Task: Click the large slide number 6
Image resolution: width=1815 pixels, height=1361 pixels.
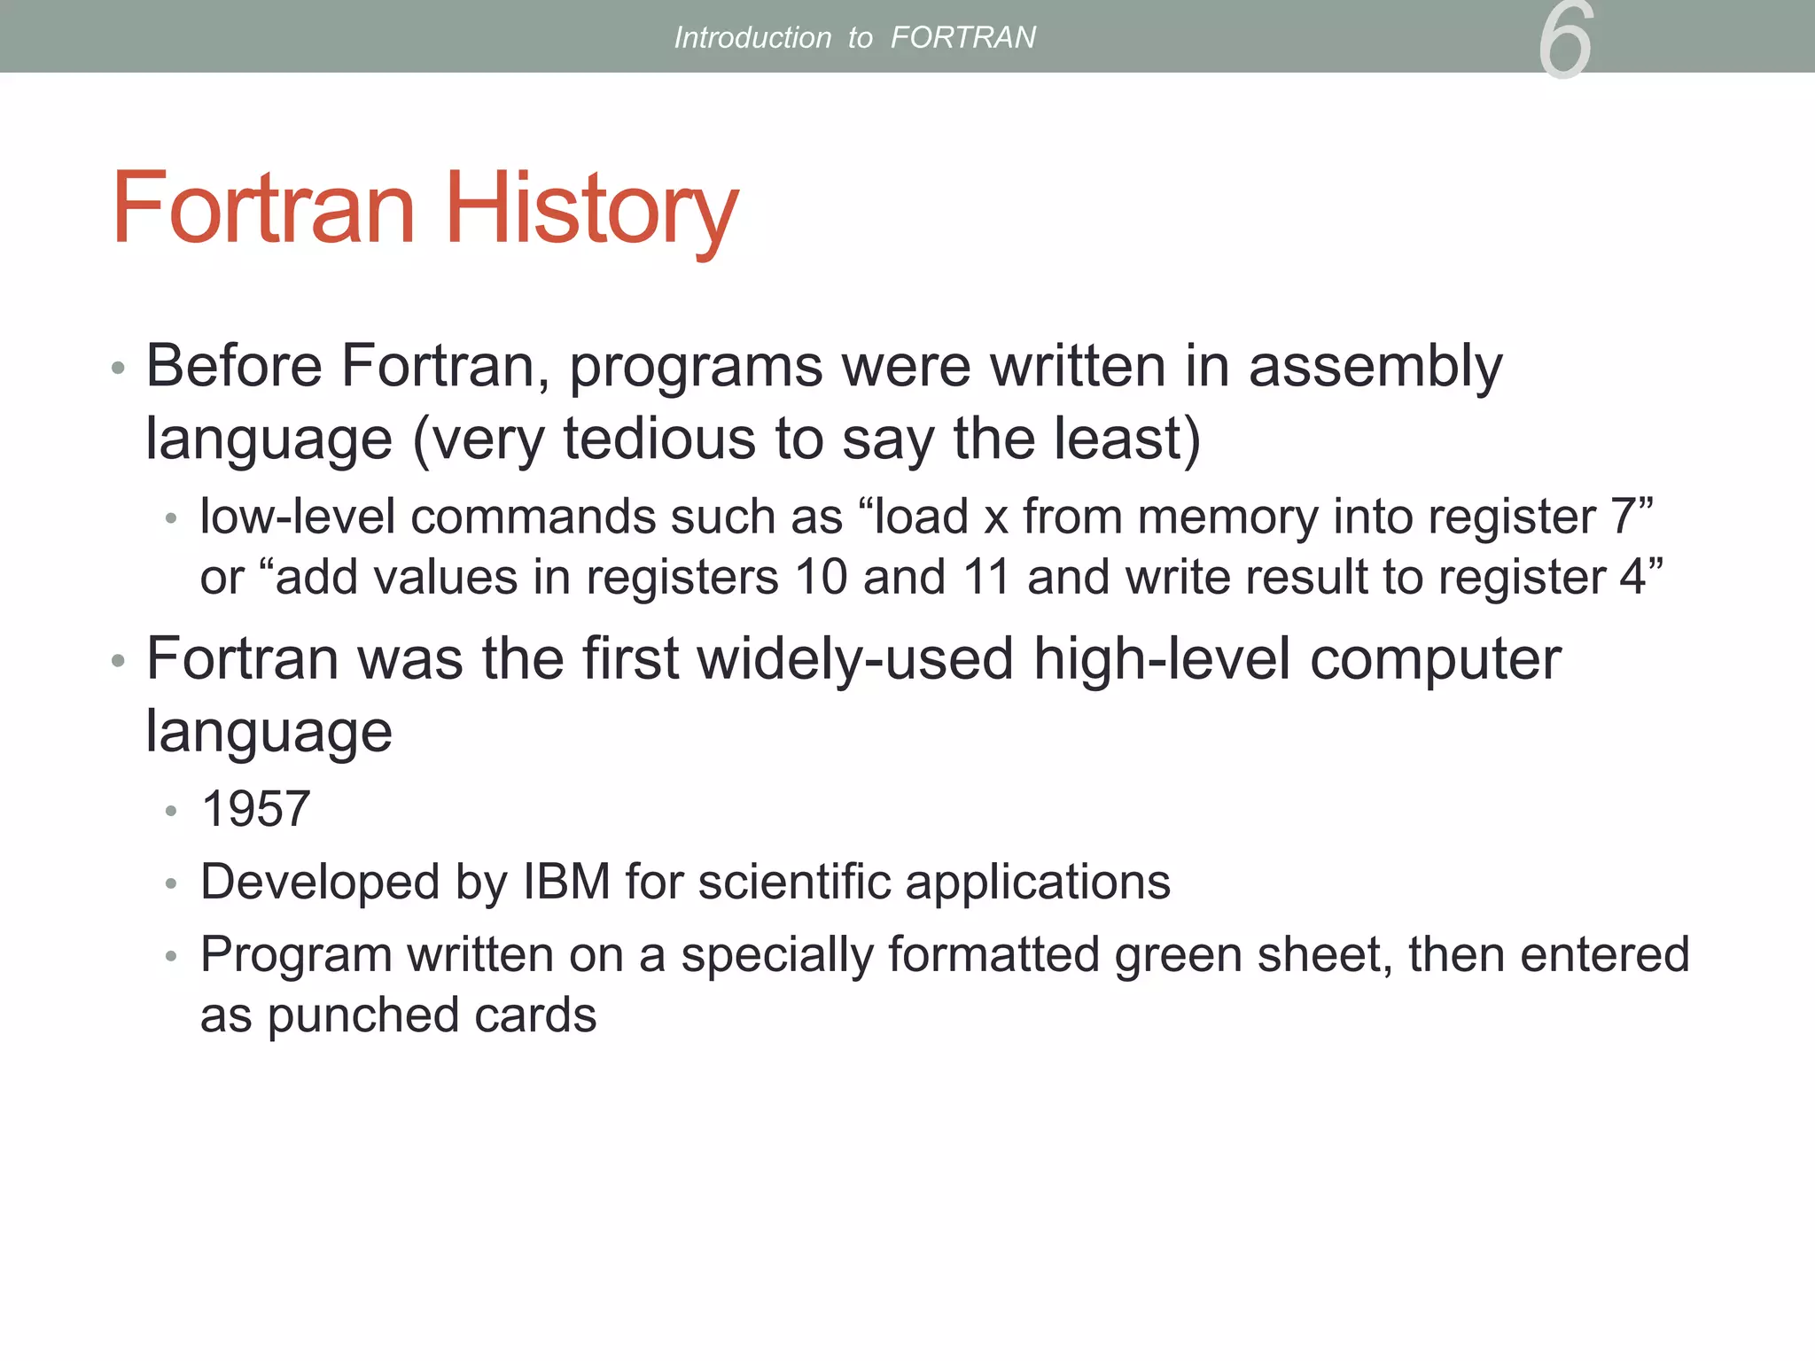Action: click(x=1565, y=40)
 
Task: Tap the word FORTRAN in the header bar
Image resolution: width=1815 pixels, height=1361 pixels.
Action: click(x=962, y=37)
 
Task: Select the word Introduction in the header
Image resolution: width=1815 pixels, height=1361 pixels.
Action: click(x=752, y=37)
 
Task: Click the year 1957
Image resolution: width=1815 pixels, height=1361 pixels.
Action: click(x=256, y=809)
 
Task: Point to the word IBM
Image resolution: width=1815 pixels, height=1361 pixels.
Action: click(x=566, y=882)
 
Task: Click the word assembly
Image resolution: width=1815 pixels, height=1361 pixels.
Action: click(x=1375, y=367)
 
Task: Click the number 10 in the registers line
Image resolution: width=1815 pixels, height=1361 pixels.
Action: click(x=822, y=578)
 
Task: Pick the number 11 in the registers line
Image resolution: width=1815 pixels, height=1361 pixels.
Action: click(x=986, y=578)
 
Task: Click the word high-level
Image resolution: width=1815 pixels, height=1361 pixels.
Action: click(x=1162, y=659)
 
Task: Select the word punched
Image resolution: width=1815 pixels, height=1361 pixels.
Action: click(x=362, y=1016)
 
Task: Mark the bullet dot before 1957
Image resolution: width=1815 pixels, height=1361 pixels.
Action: click(x=171, y=811)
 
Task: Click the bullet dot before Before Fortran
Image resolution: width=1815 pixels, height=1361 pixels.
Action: click(x=119, y=369)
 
